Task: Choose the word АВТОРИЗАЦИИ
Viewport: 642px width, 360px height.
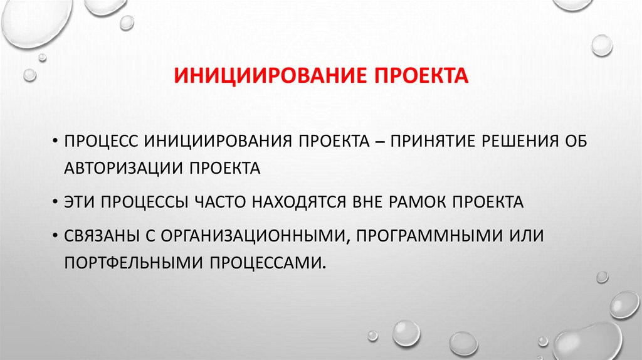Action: point(125,168)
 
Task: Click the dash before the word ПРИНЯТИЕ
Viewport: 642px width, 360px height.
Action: point(379,139)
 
